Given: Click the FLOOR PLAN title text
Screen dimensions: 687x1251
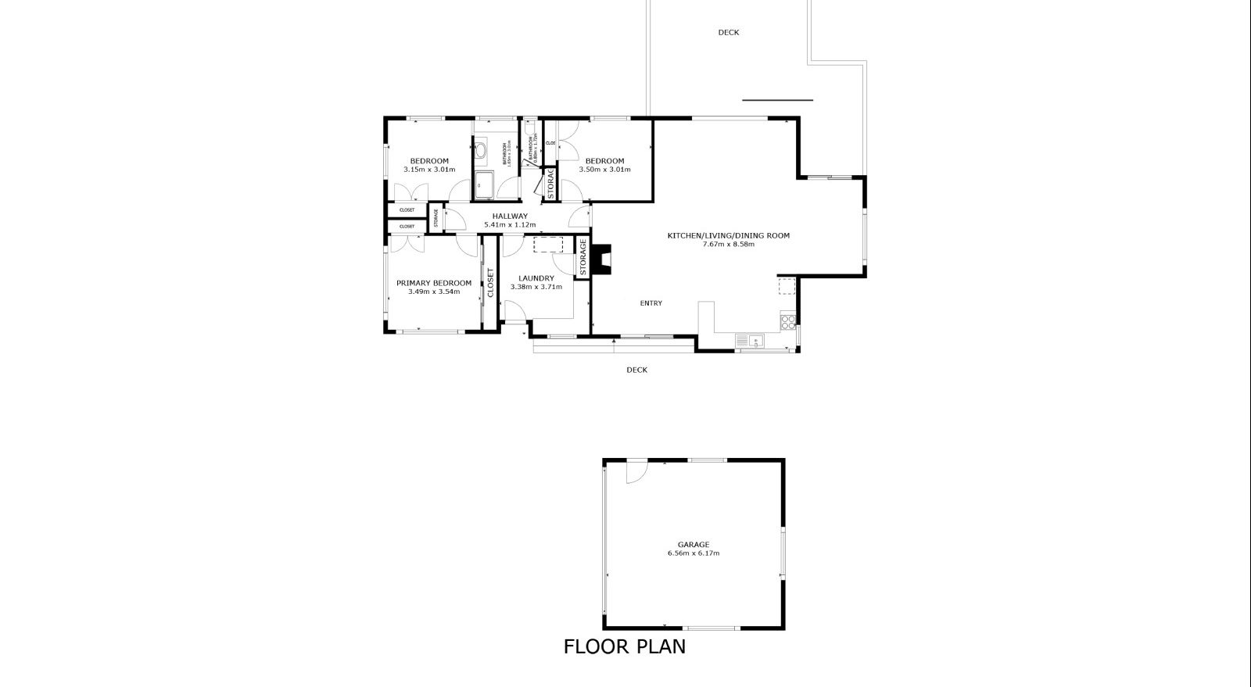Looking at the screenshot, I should coord(624,647).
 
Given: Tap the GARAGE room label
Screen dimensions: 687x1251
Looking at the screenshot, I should coord(693,545).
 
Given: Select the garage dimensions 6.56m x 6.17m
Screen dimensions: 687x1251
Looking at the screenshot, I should coord(693,553).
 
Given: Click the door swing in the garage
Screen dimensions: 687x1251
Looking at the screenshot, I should coord(635,471).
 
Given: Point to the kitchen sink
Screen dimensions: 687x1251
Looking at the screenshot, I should coord(754,340).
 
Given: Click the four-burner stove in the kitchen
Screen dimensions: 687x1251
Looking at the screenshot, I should coord(788,319).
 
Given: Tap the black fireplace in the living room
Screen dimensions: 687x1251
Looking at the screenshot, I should coord(600,259).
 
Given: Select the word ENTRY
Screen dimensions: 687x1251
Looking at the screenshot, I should coord(651,303).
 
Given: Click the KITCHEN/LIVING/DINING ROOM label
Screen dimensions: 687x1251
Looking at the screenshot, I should coord(728,235).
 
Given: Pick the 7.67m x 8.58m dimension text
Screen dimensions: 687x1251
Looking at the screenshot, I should coord(728,244).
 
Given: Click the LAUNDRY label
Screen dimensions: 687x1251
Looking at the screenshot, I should coord(536,278).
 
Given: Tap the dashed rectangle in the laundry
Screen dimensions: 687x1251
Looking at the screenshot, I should coord(547,245).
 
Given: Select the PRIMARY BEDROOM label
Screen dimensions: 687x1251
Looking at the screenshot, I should coord(433,283).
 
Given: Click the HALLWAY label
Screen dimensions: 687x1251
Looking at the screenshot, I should coord(510,216).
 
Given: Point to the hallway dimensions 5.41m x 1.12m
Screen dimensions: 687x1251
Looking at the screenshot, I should coord(510,225).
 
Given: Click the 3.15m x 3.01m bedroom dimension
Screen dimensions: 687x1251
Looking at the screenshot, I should coord(429,169).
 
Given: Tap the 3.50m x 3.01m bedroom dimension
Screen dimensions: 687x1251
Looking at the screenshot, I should coord(604,169).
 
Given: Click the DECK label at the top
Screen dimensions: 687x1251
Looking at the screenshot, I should coord(728,33).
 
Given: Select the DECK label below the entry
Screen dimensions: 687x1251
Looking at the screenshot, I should coord(636,370).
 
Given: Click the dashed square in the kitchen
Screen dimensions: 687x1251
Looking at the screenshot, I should coord(786,286).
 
